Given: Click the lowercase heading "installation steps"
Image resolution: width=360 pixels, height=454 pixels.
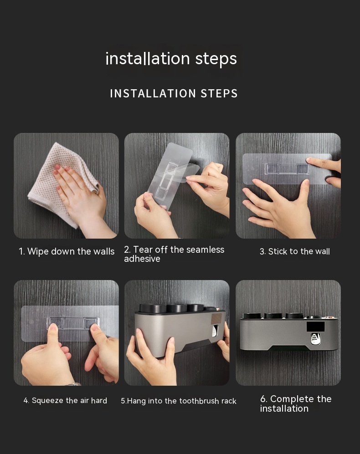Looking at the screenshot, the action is point(171,59).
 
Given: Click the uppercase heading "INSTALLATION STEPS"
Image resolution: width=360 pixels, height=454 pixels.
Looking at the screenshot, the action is point(174,93).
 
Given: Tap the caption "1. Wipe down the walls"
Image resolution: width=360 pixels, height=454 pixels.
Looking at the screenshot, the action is point(67,251).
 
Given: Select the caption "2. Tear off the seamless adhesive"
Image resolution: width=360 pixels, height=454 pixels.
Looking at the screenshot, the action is point(174,254).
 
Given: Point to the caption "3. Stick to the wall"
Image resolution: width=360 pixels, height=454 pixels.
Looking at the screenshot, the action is point(294,251).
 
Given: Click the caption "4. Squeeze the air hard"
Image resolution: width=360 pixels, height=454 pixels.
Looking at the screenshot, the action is point(65,400).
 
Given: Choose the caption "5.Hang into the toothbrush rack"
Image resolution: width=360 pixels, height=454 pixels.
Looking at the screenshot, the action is point(179,401).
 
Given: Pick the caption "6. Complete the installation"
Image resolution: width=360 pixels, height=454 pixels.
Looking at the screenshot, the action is point(296,403).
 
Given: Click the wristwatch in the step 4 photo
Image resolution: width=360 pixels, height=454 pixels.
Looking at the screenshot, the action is point(74,384).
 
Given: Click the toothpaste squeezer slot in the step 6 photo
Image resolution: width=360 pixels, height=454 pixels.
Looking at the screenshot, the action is point(316,339).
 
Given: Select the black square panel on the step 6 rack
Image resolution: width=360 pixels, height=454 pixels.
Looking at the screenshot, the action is point(316,327).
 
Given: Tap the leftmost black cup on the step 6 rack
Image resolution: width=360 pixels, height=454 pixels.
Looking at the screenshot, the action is point(251,316).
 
